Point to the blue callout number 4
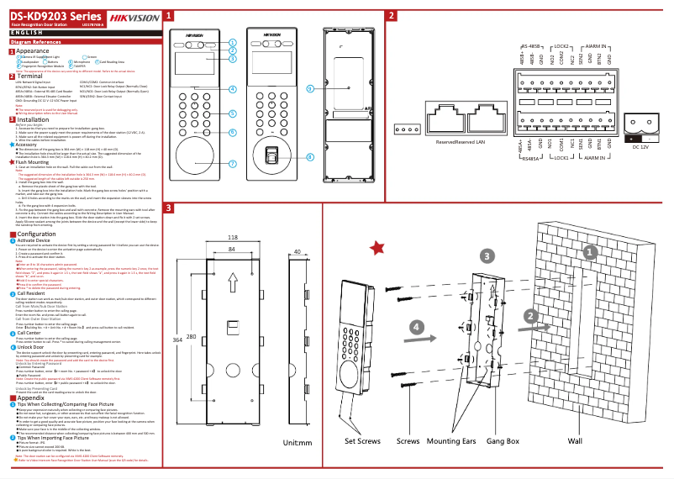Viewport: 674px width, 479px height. (x=232, y=88)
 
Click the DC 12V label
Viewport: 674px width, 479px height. (x=642, y=147)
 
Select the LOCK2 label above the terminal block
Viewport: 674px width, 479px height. (x=561, y=47)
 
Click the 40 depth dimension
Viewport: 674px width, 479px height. (x=298, y=250)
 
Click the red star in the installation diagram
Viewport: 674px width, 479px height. (x=378, y=247)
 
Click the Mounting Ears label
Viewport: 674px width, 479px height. (x=453, y=440)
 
